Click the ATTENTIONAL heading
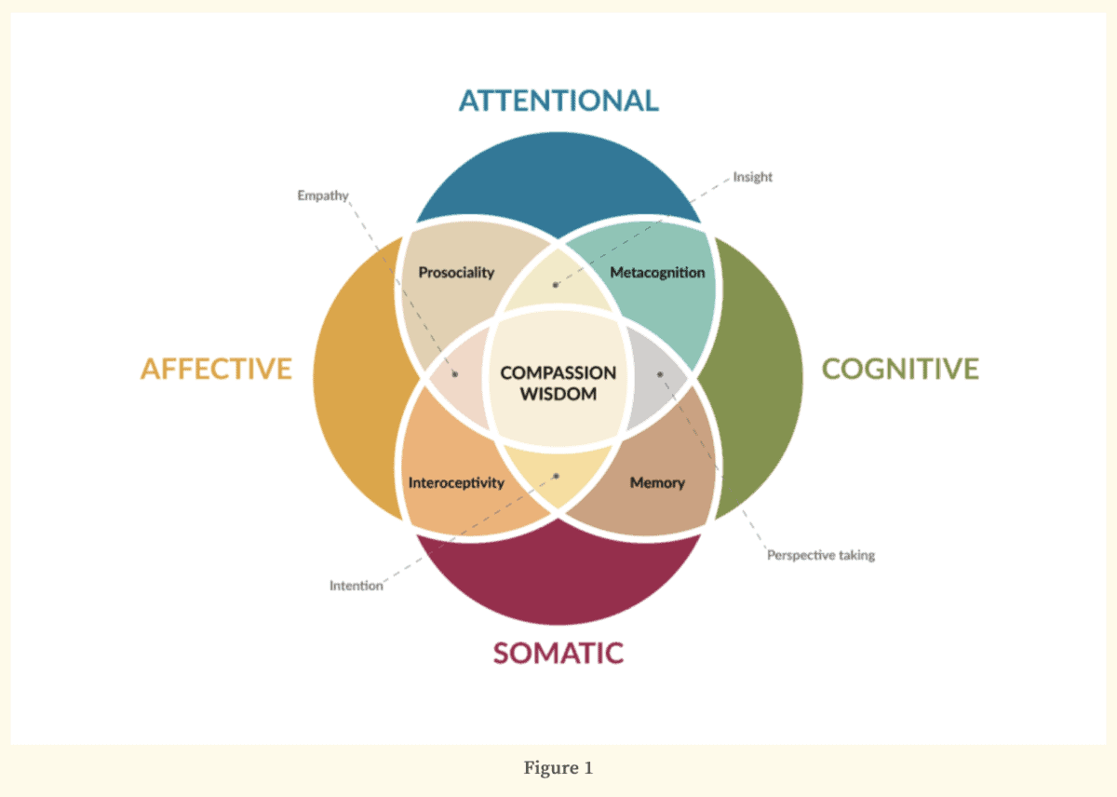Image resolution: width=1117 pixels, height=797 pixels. (558, 100)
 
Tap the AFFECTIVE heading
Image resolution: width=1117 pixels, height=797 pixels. (216, 369)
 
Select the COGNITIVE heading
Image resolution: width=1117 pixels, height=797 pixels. (899, 369)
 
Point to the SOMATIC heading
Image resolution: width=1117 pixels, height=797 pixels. (558, 653)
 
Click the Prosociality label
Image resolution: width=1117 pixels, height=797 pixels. (456, 273)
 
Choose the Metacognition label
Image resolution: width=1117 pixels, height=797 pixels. (657, 273)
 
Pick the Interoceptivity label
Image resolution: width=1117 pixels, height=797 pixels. (456, 482)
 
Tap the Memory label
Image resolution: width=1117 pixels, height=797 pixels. (657, 482)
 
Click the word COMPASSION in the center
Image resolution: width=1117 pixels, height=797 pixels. (558, 372)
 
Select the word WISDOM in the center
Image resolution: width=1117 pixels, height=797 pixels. (558, 393)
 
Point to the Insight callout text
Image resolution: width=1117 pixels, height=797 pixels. (753, 177)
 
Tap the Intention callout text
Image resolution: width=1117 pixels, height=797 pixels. (356, 586)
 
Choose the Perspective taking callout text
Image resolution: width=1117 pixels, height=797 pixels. (820, 555)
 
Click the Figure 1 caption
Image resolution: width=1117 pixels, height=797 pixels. (558, 768)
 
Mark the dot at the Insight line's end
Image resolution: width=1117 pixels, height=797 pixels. (556, 285)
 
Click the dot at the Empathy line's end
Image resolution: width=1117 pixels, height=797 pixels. (455, 374)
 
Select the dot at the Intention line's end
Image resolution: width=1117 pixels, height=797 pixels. (557, 476)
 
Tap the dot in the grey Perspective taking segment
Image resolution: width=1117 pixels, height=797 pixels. (660, 374)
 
